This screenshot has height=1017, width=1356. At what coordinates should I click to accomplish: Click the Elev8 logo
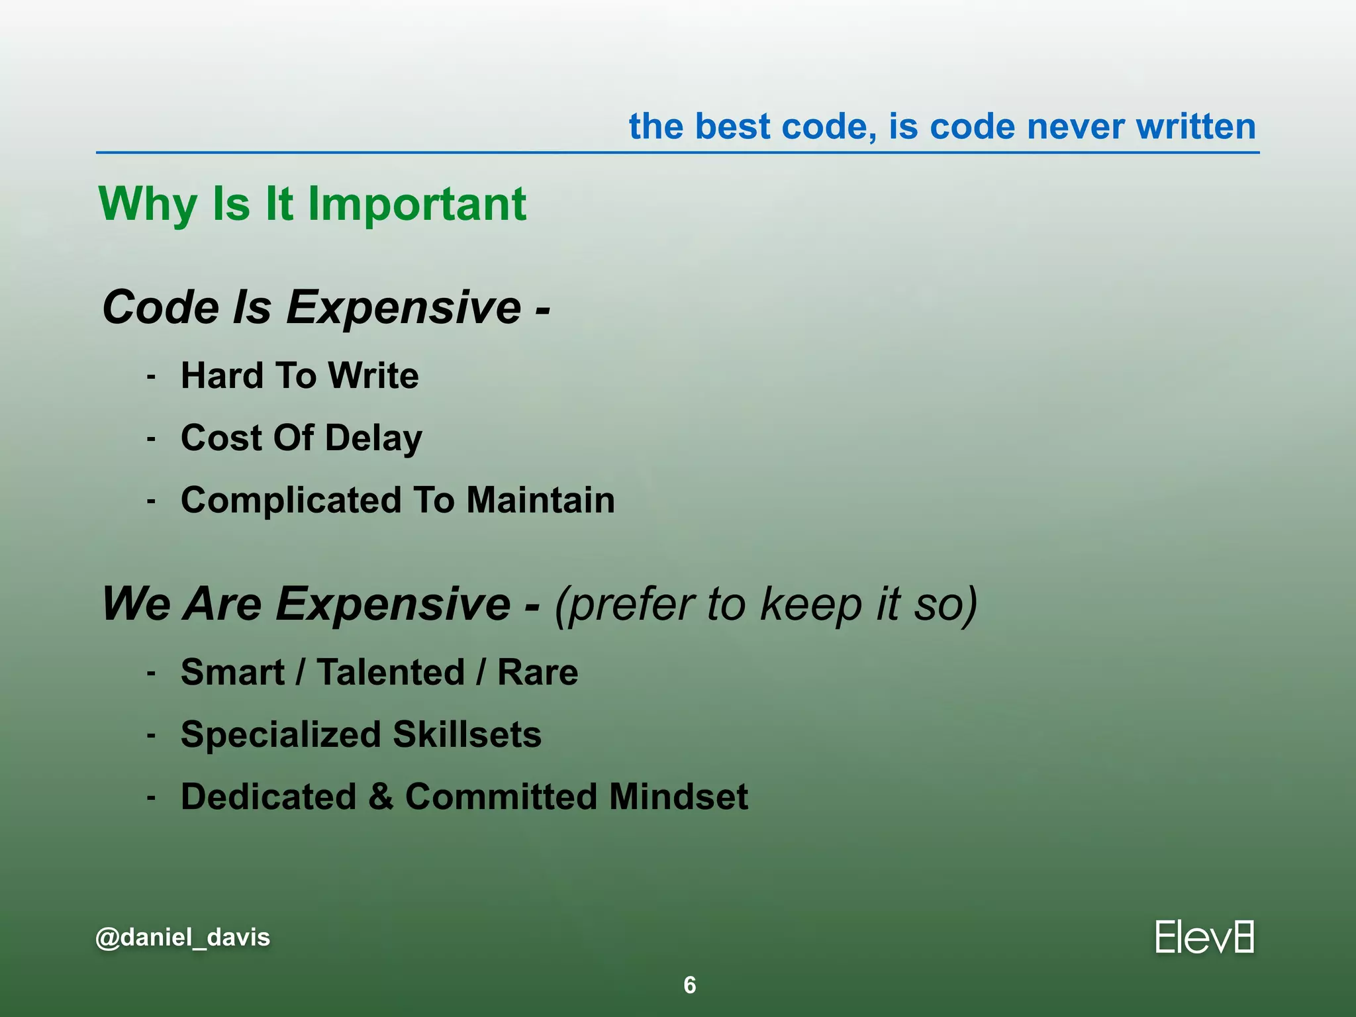[1204, 937]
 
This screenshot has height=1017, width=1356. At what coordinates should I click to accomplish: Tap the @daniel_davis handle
[183, 938]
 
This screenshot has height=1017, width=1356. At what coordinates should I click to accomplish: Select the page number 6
[689, 985]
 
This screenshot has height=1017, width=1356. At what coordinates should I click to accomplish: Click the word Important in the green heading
[417, 204]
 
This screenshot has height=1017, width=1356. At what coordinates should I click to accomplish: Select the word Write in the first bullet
[373, 375]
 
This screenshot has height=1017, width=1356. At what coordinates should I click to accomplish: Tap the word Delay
[373, 438]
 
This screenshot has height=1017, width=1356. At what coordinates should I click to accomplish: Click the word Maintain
[540, 500]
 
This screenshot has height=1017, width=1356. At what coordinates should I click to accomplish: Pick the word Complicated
[291, 500]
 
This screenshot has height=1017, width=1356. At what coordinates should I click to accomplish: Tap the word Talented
[391, 672]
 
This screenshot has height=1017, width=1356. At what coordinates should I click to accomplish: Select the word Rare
[538, 672]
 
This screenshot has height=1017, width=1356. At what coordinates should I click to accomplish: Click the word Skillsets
[467, 734]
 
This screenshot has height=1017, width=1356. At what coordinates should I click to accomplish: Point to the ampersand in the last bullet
[381, 797]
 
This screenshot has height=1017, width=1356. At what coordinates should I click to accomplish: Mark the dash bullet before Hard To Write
[152, 377]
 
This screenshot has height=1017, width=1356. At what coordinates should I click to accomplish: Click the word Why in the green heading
[148, 204]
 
